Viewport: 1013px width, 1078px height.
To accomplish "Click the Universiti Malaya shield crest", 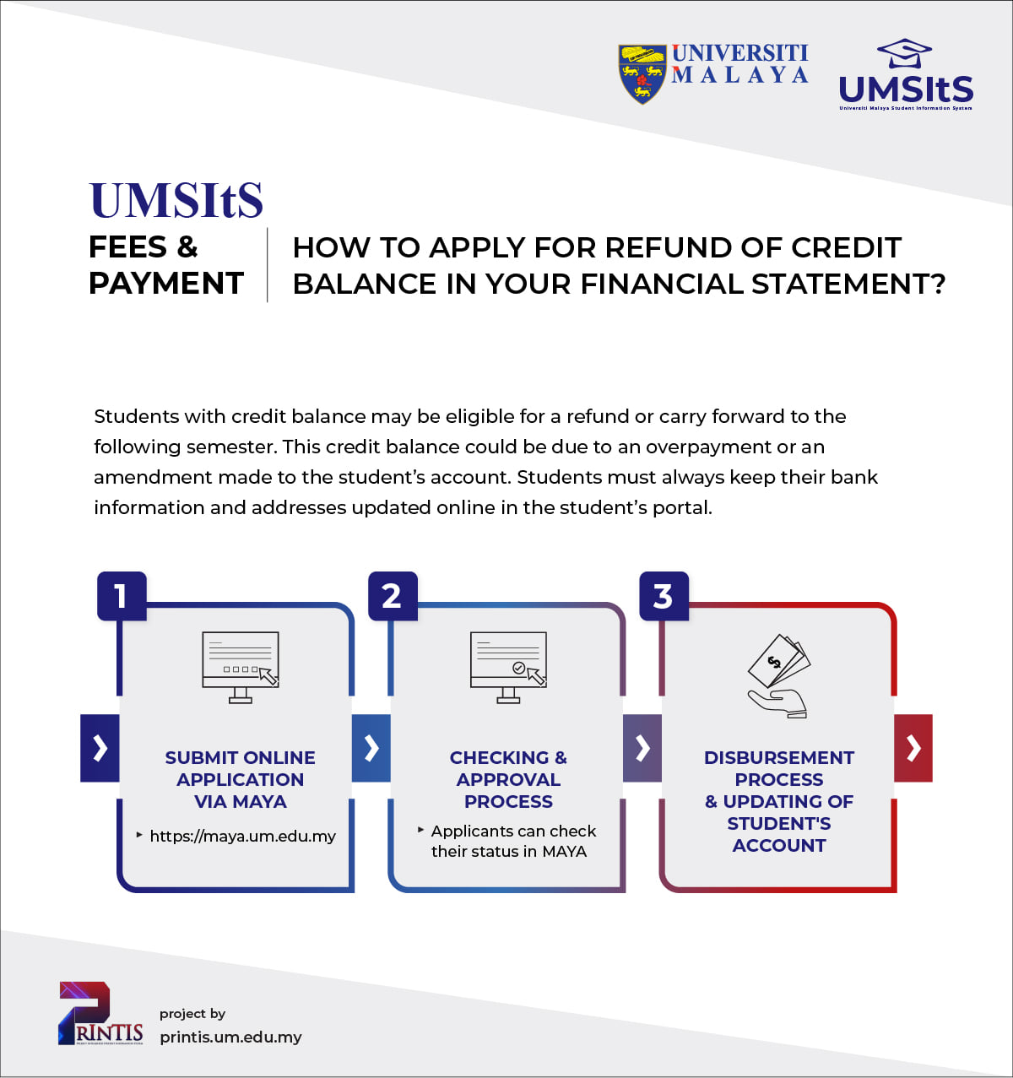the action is [642, 74].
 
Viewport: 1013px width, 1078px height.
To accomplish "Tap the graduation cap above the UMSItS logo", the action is [904, 53].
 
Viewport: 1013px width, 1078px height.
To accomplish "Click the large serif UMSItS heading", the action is [176, 200].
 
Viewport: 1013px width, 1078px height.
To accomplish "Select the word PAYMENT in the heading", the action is [166, 283].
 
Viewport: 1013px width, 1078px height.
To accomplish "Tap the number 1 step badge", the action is [122, 596].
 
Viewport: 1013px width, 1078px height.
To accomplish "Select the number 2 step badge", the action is [393, 596].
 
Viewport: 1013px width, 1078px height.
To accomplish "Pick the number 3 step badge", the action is [664, 596].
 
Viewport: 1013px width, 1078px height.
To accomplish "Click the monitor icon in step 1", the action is [240, 667].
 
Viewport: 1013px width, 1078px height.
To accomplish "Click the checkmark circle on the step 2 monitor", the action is [518, 668].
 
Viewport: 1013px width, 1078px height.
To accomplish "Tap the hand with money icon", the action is [778, 676].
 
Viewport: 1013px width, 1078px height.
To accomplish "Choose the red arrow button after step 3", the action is [913, 748].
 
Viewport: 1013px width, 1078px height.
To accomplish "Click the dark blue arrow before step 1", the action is [100, 748].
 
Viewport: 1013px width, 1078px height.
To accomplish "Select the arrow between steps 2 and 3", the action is [642, 748].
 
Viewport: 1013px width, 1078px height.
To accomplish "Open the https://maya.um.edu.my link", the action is [242, 836].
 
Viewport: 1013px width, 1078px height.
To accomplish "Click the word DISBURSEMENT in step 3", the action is [779, 757].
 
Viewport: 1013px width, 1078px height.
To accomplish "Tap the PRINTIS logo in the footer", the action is [100, 1013].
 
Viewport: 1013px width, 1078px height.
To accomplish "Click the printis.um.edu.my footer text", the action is [230, 1037].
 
